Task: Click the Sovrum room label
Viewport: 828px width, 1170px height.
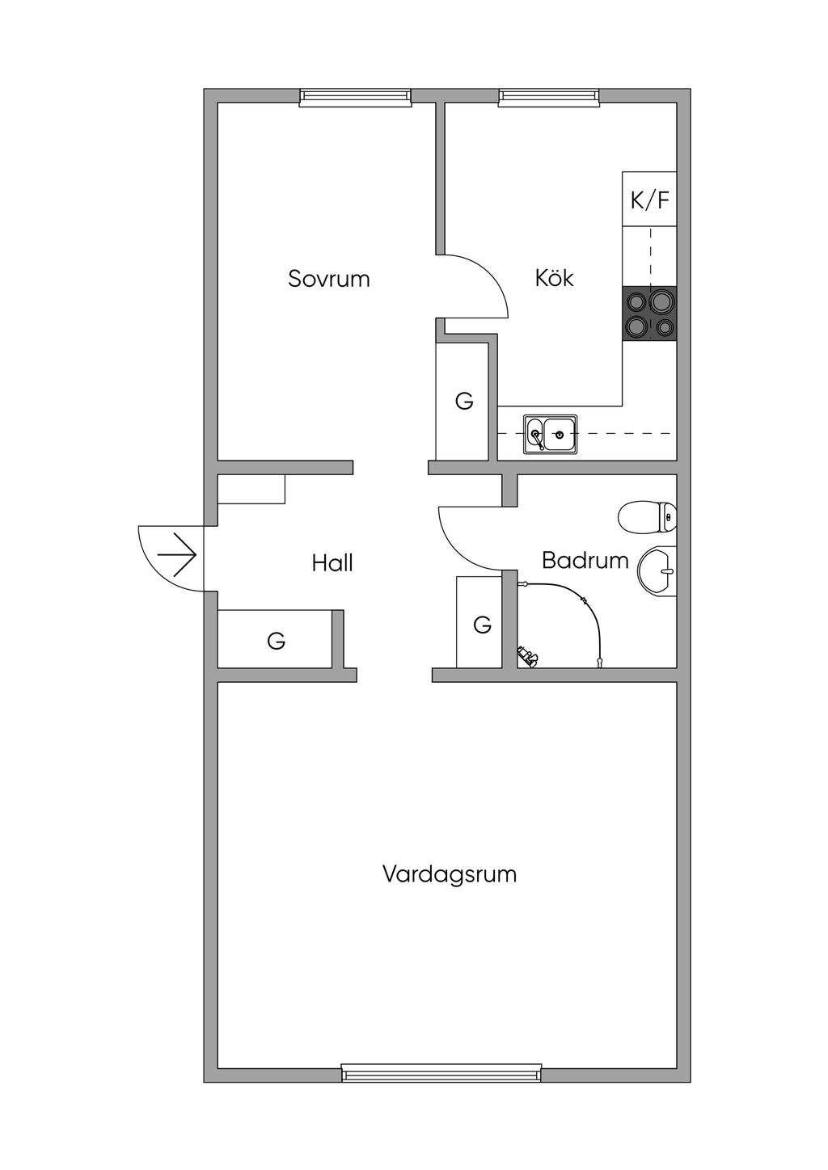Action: point(328,279)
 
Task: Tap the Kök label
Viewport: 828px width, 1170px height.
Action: point(554,278)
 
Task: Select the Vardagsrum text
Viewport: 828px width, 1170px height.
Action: point(449,874)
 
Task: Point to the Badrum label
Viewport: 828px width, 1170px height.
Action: point(585,560)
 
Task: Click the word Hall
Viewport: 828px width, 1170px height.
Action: point(332,563)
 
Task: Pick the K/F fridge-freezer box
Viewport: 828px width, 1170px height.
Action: point(649,200)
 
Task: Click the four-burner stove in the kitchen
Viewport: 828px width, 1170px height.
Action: point(649,314)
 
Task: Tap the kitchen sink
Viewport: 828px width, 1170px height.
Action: point(550,435)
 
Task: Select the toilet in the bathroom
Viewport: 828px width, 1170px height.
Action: point(647,516)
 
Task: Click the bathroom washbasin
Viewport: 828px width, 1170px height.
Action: point(658,570)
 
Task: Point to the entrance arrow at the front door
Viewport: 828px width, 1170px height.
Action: point(177,555)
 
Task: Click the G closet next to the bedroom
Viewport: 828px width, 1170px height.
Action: point(463,402)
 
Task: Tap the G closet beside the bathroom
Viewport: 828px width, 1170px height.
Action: point(482,625)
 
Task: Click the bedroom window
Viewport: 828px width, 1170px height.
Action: point(355,98)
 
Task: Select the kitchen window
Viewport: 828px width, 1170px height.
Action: point(549,98)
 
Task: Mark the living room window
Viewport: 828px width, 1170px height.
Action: point(441,1073)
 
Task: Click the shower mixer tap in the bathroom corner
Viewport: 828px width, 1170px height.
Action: point(527,656)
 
